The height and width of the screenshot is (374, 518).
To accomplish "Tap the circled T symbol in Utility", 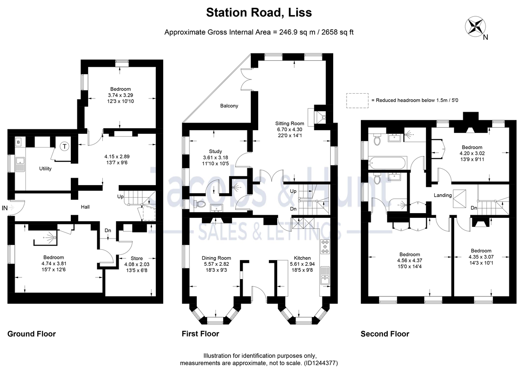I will (x=65, y=146).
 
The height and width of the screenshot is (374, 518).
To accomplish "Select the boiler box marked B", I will (x=19, y=141).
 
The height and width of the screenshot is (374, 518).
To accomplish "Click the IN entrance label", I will (x=5, y=208).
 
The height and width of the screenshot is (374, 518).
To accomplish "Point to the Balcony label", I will (x=229, y=106).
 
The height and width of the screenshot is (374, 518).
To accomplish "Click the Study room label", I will (x=215, y=151).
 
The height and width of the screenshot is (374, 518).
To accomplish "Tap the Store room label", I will (x=136, y=258).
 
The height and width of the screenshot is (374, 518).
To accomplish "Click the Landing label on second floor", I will (x=443, y=195).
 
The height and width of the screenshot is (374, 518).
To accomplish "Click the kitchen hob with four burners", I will (x=325, y=247).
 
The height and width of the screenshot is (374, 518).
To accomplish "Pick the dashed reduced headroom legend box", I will (x=357, y=100).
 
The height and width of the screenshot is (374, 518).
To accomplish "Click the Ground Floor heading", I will (x=32, y=333).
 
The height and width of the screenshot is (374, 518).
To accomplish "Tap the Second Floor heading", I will (x=385, y=333).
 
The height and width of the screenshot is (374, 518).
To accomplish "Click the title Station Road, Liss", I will (x=259, y=13).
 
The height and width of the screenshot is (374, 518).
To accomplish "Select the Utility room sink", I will (x=20, y=163).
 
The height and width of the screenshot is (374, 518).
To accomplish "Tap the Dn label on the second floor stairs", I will (x=474, y=208).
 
